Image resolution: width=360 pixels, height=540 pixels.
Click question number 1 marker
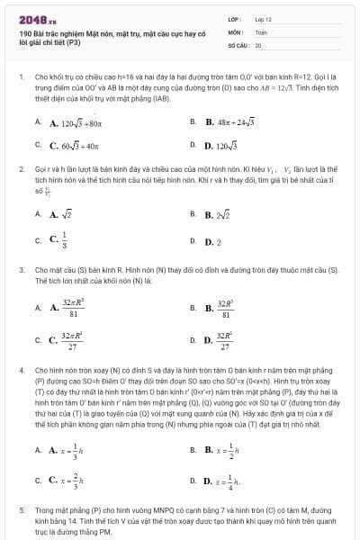[x=21, y=78]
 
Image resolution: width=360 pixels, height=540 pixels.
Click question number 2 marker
[x=21, y=168]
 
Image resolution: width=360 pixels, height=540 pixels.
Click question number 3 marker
[x=21, y=269]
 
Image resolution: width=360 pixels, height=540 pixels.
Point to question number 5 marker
[x=21, y=508]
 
